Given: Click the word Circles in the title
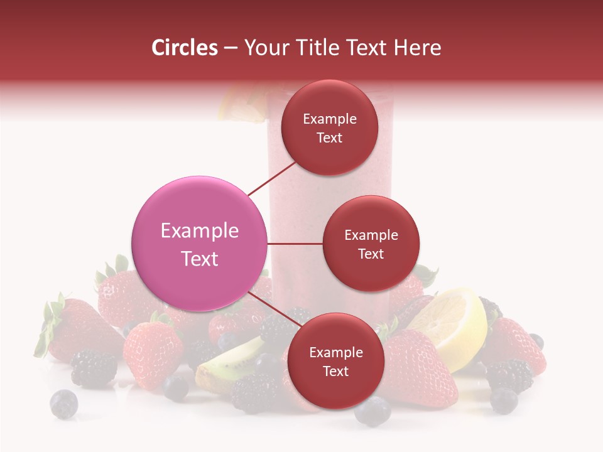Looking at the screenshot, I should point(184,48).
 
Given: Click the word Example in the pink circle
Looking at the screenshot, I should point(199,231).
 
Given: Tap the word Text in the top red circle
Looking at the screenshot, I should point(330,138).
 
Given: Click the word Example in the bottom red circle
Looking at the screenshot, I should point(335,353).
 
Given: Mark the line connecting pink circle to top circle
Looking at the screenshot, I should point(273,178).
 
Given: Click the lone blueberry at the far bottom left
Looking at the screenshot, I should point(63,404).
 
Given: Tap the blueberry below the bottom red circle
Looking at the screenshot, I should point(372,412).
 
